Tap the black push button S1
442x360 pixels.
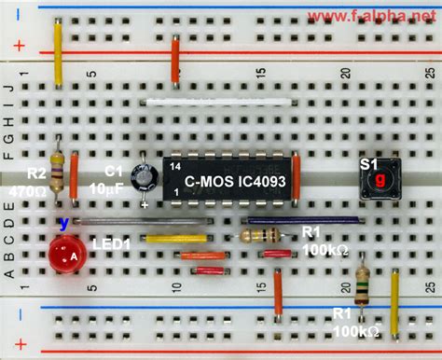380,177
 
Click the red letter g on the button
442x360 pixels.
380,177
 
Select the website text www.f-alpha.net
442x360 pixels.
384,16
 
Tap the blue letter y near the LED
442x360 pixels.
62,224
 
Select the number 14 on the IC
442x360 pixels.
174,161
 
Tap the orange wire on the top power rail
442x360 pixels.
175,61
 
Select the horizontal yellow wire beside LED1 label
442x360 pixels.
175,238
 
